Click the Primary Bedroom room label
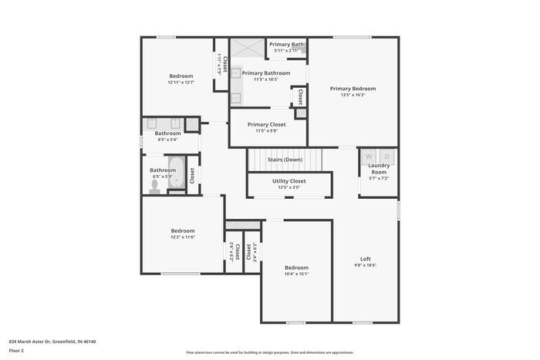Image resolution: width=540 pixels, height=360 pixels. click(x=353, y=89)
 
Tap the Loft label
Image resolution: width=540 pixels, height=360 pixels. click(x=366, y=258)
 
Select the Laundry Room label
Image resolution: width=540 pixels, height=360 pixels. click(x=379, y=168)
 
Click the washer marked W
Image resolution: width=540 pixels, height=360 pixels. click(x=369, y=156)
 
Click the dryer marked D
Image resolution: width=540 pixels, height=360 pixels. click(x=388, y=156)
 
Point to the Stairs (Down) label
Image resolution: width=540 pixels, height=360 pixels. click(x=285, y=160)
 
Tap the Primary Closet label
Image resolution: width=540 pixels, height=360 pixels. click(x=267, y=124)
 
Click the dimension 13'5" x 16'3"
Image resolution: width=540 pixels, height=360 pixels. click(x=353, y=96)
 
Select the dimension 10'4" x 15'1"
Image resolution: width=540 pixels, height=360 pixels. click(x=296, y=274)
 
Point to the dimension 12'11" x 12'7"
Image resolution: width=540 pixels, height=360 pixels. click(x=182, y=82)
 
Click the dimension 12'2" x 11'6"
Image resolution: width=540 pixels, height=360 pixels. click(x=183, y=237)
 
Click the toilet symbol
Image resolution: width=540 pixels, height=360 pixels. click(x=156, y=185)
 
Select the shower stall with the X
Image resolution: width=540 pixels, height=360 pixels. click(x=247, y=46)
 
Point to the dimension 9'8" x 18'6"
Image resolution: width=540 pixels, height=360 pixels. click(x=366, y=265)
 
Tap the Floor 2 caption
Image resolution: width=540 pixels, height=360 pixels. click(x=17, y=351)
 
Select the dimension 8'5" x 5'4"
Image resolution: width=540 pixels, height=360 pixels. click(x=167, y=140)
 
